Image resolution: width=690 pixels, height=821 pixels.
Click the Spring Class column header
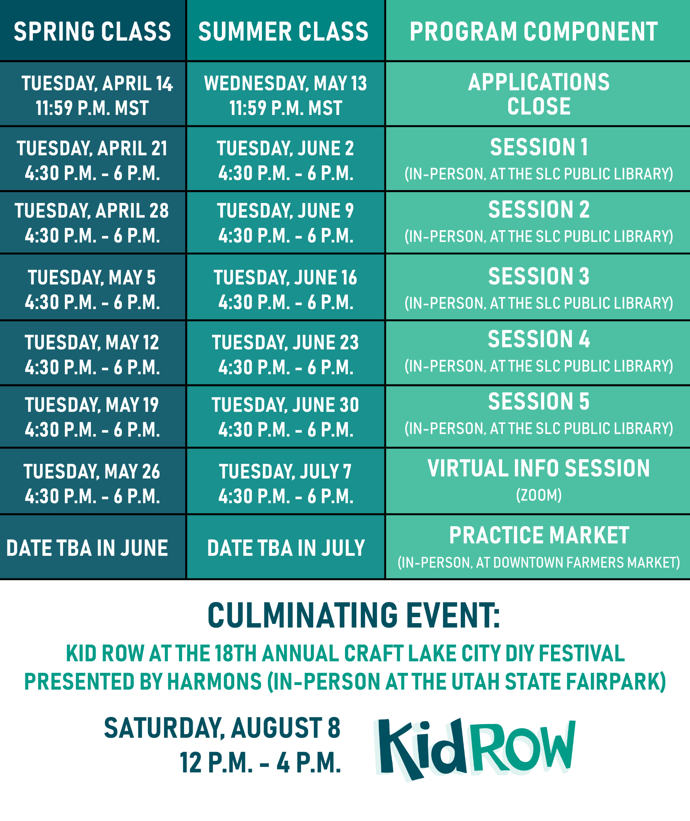pos(92,32)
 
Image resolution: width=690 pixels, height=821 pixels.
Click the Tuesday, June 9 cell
pos(286,223)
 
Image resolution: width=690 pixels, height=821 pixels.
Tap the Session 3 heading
pos(539,276)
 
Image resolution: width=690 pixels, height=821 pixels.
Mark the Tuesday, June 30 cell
pos(286,417)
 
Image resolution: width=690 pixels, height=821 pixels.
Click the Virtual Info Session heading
pos(539,469)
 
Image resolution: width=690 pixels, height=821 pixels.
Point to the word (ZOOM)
pos(539,495)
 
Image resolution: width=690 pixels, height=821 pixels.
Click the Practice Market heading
pos(539,535)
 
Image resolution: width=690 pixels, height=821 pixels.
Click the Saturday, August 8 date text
pos(222,728)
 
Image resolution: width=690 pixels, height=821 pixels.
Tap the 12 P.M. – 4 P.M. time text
pos(260,763)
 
